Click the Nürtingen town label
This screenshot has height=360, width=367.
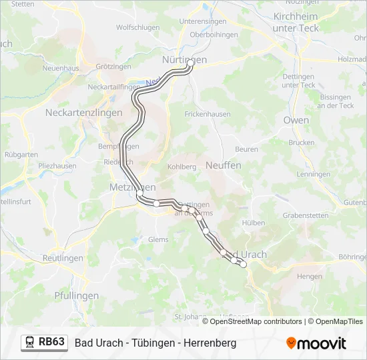click(184, 59)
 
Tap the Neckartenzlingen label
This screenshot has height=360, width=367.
click(83, 113)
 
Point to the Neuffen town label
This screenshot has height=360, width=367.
click(224, 165)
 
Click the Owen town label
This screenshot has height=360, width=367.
click(296, 120)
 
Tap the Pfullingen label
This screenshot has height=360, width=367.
click(76, 295)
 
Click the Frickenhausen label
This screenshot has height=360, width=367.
click(208, 114)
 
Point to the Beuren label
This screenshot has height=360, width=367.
click(246, 149)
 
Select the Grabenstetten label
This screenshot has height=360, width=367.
click(306, 215)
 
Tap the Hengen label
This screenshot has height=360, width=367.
click(309, 275)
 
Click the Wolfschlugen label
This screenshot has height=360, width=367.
click(137, 27)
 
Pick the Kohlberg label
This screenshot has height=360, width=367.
click(181, 166)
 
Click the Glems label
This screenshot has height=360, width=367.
click(158, 239)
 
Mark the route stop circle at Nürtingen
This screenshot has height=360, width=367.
click(190, 63)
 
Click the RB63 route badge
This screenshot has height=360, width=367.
click(51, 342)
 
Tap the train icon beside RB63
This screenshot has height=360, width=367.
click(30, 343)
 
